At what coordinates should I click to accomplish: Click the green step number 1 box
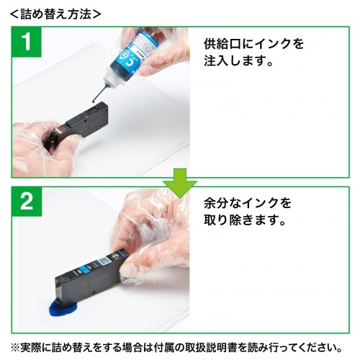tap(27, 42)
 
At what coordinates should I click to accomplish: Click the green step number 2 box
tap(27, 202)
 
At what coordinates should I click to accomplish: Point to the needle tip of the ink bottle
tap(94, 102)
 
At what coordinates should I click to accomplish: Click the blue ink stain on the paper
tap(63, 309)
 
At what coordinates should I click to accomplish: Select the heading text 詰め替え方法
tap(55, 14)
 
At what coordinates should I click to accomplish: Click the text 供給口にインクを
tap(254, 44)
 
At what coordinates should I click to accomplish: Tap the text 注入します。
tap(239, 60)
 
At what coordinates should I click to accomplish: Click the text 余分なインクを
tap(248, 203)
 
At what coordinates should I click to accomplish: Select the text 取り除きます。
tap(246, 220)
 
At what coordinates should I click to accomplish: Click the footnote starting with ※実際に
tap(176, 347)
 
